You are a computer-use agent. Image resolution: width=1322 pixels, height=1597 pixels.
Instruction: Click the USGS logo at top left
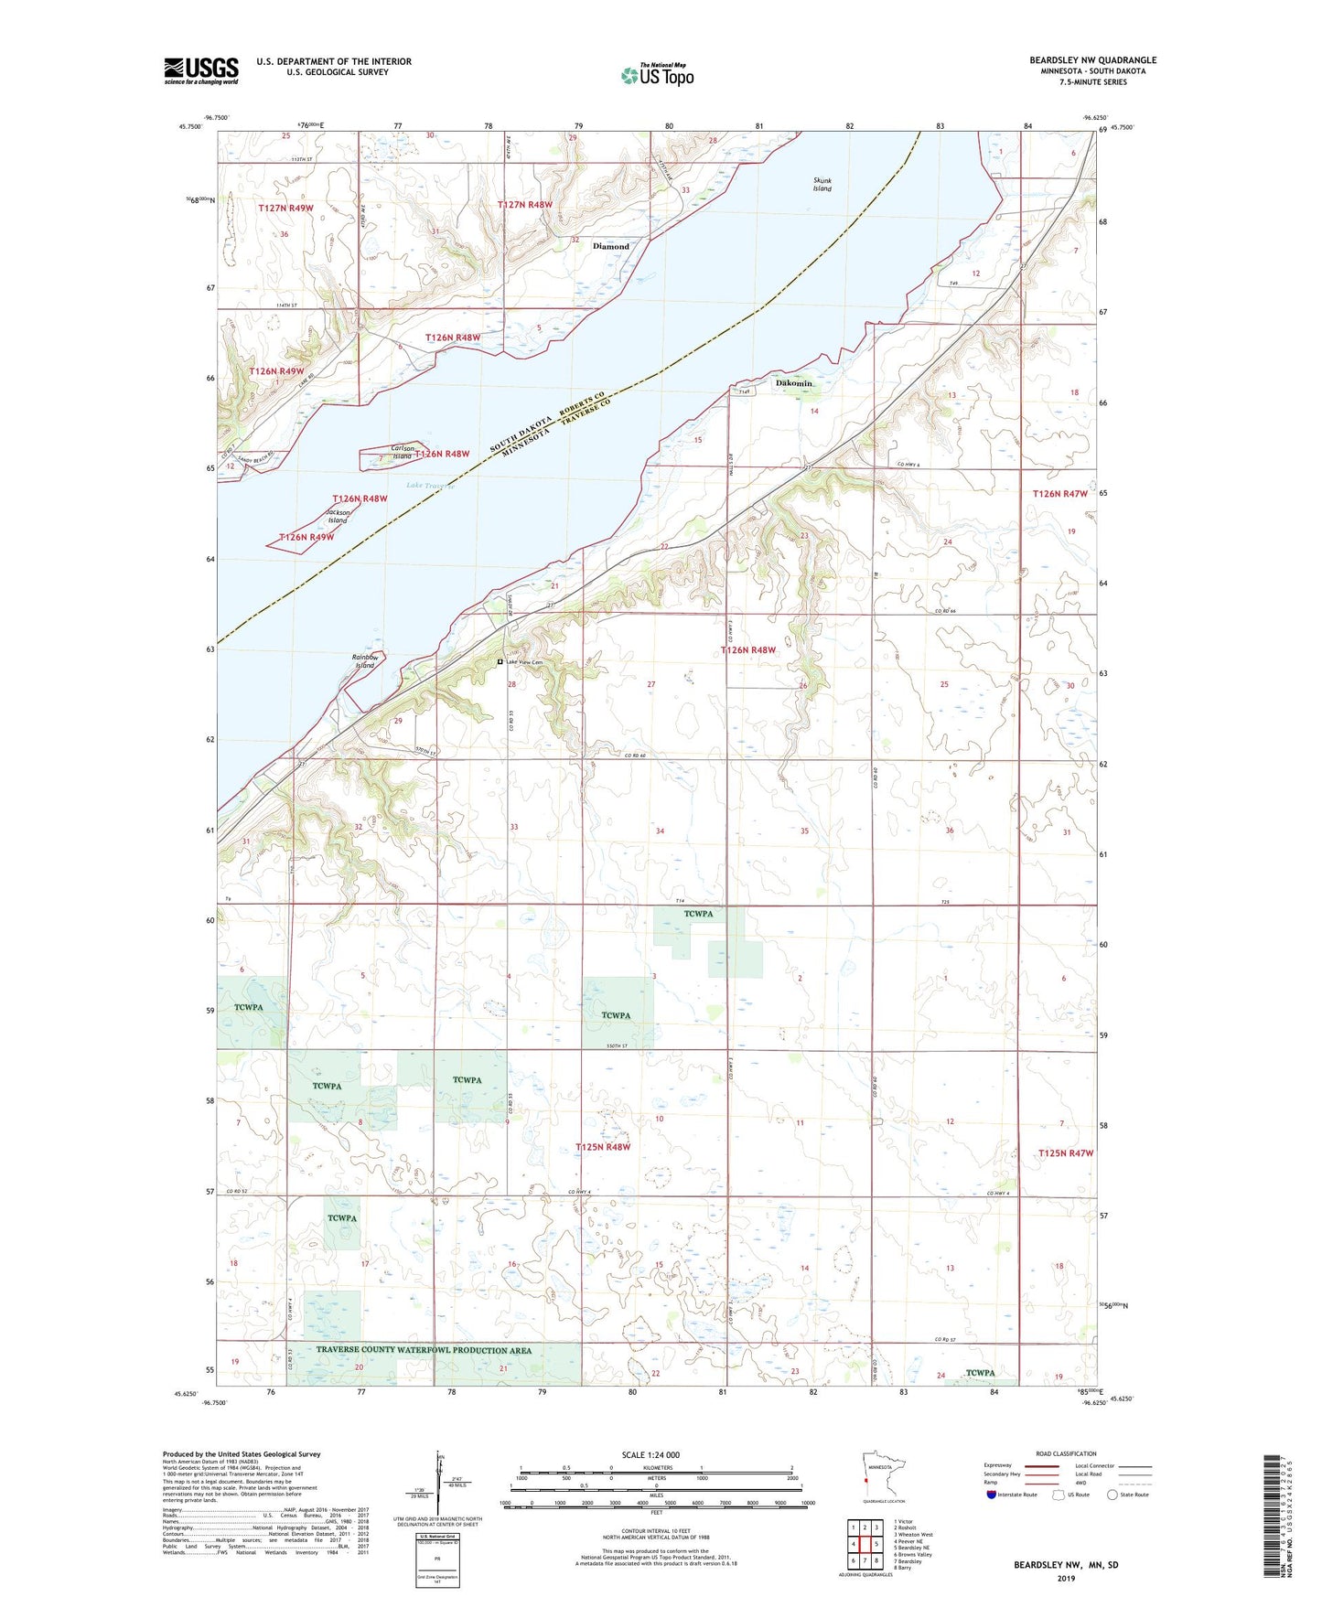click(201, 70)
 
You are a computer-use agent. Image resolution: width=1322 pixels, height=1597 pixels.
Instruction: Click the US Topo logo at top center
click(657, 75)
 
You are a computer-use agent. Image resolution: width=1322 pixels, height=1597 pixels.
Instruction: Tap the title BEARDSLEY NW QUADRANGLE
click(1092, 60)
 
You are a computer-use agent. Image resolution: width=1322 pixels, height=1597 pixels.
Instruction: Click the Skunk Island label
click(822, 185)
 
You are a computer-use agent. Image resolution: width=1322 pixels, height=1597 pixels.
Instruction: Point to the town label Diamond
click(611, 246)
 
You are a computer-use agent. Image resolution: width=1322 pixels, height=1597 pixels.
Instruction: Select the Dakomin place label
click(793, 383)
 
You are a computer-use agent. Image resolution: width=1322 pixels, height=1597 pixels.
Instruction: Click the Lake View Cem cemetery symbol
click(500, 661)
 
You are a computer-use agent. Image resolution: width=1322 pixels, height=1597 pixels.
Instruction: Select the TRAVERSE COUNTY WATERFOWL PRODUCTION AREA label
click(424, 1350)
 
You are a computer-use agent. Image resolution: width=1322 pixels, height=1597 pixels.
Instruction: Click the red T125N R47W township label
click(1066, 1153)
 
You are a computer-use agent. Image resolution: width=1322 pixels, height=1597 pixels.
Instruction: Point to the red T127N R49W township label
click(285, 209)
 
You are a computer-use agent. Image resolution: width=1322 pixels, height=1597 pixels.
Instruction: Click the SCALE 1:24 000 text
click(650, 1454)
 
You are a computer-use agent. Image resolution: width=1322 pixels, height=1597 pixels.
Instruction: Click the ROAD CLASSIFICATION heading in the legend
click(1066, 1453)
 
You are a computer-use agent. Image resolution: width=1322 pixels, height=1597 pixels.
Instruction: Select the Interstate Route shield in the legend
click(994, 1495)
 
